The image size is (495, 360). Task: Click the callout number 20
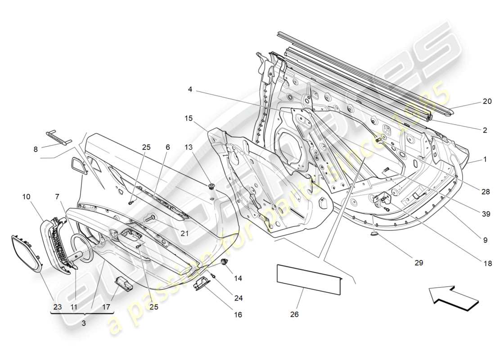point(487,101)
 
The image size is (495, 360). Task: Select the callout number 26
point(294,315)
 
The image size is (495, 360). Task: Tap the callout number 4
point(191,90)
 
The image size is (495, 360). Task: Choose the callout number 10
point(27,197)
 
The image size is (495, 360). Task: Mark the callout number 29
point(419,262)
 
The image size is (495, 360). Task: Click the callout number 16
point(238,315)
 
